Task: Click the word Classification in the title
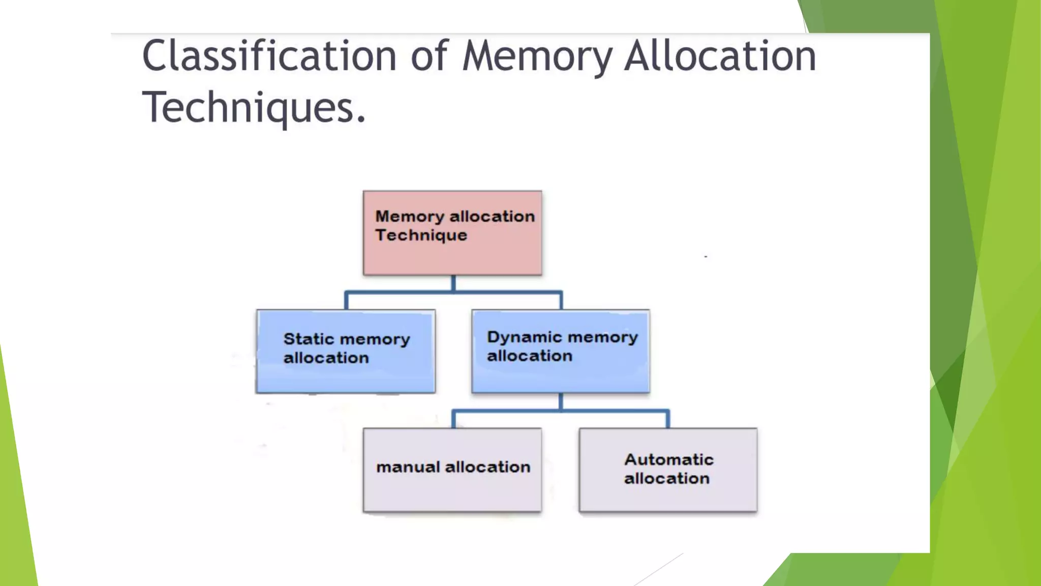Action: point(269,56)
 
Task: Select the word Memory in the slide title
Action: point(537,57)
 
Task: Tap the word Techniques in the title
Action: point(253,107)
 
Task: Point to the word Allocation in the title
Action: point(720,56)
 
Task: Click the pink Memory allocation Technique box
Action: point(452,254)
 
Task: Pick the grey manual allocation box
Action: point(452,491)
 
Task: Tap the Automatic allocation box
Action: point(668,496)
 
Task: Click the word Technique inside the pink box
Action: point(421,236)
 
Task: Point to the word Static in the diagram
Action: point(309,339)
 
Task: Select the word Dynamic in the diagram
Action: point(524,337)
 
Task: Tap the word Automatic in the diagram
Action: point(669,459)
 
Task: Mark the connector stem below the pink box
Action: point(453,283)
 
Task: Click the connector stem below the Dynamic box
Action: point(561,401)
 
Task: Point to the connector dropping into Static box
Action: point(346,301)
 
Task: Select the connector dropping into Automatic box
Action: point(668,419)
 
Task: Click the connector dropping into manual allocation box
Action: point(453,419)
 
